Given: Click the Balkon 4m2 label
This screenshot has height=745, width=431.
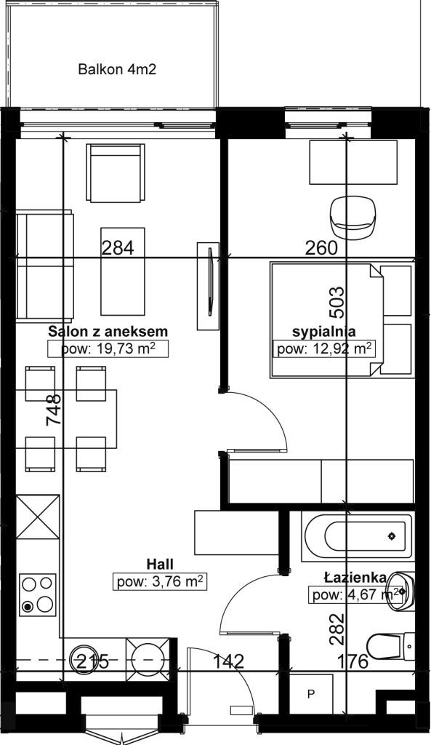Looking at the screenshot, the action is pyautogui.click(x=117, y=70).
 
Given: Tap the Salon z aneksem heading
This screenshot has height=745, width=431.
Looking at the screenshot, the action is pyautogui.click(x=108, y=331).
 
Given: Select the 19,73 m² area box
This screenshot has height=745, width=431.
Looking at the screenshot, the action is pyautogui.click(x=109, y=349).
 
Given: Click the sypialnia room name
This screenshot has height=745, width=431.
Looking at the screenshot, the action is pyautogui.click(x=324, y=331).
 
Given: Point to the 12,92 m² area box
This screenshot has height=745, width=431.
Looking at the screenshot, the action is pyautogui.click(x=324, y=349).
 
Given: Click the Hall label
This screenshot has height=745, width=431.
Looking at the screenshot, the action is pyautogui.click(x=160, y=564).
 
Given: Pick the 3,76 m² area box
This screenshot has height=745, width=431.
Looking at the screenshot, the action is pyautogui.click(x=160, y=581).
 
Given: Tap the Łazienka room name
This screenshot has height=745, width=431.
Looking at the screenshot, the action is pyautogui.click(x=355, y=577).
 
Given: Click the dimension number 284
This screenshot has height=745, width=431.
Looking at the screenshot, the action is pyautogui.click(x=118, y=248).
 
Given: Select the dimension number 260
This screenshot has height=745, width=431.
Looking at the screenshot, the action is pyautogui.click(x=321, y=248).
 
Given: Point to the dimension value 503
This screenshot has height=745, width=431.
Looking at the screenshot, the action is pyautogui.click(x=337, y=303).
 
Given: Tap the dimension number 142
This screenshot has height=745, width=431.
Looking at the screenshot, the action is pyautogui.click(x=228, y=661).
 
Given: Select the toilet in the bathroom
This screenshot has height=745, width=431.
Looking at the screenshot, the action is pyautogui.click(x=390, y=647).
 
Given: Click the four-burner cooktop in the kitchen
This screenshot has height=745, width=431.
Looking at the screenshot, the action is pyautogui.click(x=37, y=594).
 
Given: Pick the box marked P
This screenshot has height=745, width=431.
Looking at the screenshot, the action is pyautogui.click(x=311, y=695).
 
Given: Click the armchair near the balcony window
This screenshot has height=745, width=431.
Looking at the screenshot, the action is pyautogui.click(x=116, y=173).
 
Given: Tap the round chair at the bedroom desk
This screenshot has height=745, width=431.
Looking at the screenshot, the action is pyautogui.click(x=354, y=217).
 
